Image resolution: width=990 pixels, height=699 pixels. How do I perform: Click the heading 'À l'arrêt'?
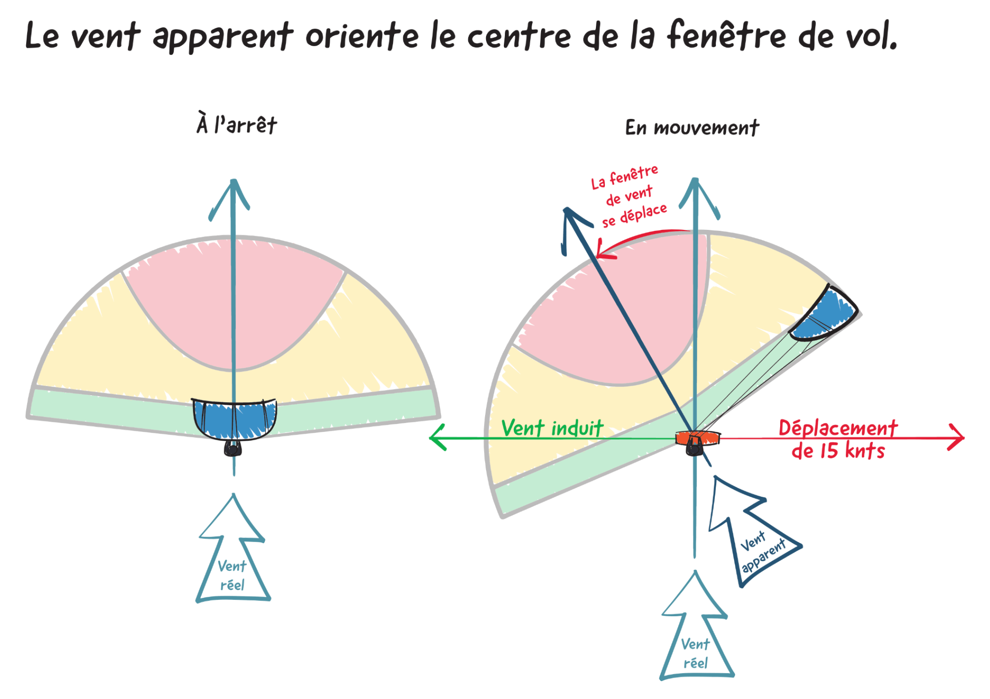pyautogui.click(x=237, y=124)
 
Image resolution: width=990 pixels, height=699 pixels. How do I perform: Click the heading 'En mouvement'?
pyautogui.click(x=692, y=128)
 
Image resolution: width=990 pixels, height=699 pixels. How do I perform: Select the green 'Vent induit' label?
pyautogui.click(x=552, y=428)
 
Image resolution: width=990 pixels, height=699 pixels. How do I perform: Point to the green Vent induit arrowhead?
pyautogui.click(x=438, y=437)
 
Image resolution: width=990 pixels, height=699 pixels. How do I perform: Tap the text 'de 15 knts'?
pyautogui.click(x=838, y=451)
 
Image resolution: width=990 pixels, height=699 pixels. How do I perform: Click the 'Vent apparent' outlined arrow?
pyautogui.click(x=750, y=533)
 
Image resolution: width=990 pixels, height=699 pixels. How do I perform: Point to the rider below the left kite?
pyautogui.click(x=233, y=448)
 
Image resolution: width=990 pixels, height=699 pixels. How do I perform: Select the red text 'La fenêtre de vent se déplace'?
pyautogui.click(x=629, y=196)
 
